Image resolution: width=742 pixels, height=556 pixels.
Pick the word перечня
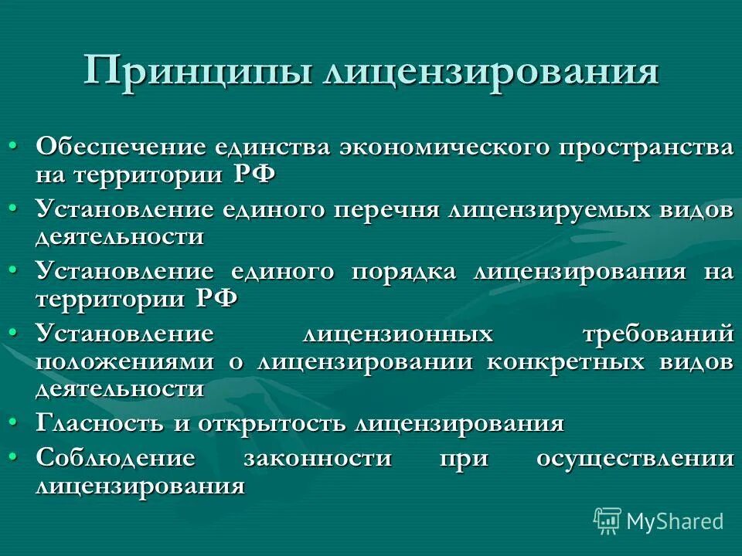(x=386, y=210)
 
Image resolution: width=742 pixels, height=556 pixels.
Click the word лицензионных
(x=397, y=334)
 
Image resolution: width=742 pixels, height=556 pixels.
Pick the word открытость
(x=274, y=423)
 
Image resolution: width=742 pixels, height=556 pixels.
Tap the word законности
(x=318, y=458)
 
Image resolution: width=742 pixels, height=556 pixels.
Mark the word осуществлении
(x=635, y=458)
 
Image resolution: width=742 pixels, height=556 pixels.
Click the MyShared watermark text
(x=675, y=521)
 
